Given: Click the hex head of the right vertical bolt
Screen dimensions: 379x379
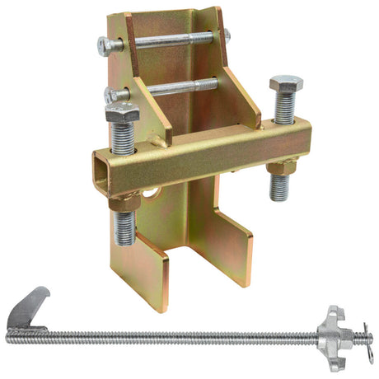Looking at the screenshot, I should (285, 84).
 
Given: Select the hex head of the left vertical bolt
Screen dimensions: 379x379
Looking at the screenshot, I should (122, 114).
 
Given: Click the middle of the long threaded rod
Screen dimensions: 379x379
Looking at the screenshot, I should (181, 336).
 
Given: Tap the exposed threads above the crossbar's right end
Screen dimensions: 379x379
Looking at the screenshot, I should (284, 107).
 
